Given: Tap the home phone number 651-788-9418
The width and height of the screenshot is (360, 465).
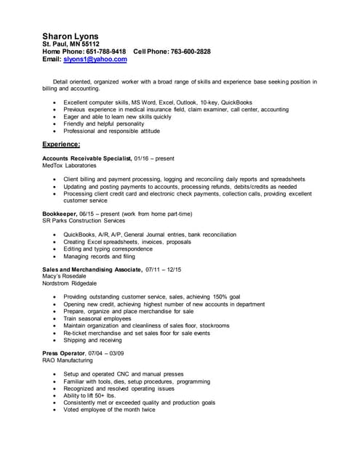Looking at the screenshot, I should coord(106,52).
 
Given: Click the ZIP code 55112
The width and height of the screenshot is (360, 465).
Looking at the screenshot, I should coord(89,44).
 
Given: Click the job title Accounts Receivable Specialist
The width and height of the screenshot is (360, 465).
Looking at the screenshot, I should coord(87,158).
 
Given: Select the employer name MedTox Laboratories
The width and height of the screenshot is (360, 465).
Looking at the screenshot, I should coord(69,165).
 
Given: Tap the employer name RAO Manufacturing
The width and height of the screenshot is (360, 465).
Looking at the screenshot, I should coord(68,360).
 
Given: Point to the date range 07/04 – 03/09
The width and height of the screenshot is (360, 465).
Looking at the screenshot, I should coord(108,353).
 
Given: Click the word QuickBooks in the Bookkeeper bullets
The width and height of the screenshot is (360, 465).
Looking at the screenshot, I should coord(79,235).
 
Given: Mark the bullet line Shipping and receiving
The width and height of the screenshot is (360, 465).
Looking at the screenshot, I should coord(92,339).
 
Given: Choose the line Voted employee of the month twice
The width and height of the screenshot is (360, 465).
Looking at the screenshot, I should coord(109,409).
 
